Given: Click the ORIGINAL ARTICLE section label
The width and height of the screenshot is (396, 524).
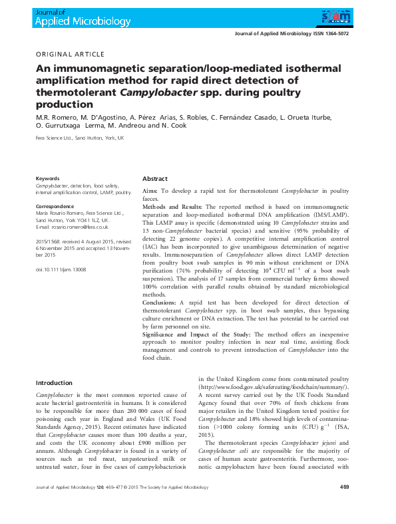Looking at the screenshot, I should pyautogui.click(x=71, y=54).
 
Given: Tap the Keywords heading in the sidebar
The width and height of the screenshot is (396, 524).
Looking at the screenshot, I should pyautogui.click(x=47, y=178).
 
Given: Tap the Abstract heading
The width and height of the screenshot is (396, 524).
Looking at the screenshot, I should pyautogui.click(x=155, y=179).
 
